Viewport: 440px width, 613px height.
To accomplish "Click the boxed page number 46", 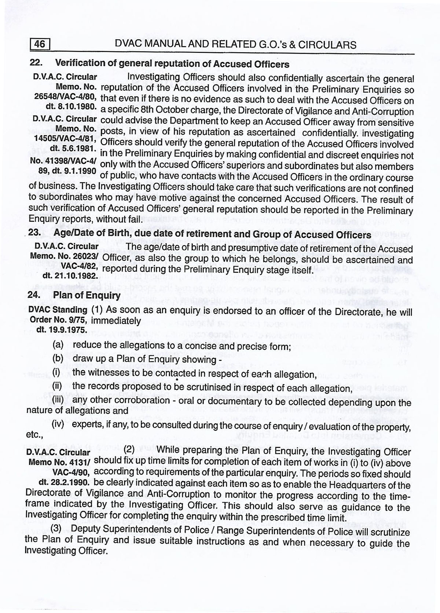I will pyautogui.click(x=39, y=44).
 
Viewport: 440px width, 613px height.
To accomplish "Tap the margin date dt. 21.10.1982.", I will pyautogui.click(x=70, y=275).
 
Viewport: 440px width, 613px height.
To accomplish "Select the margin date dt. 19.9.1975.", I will pyautogui.click(x=62, y=329).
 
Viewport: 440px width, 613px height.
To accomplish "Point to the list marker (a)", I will pyautogui.click(x=58, y=345).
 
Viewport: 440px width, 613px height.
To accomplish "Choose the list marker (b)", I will pyautogui.click(x=58, y=358).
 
